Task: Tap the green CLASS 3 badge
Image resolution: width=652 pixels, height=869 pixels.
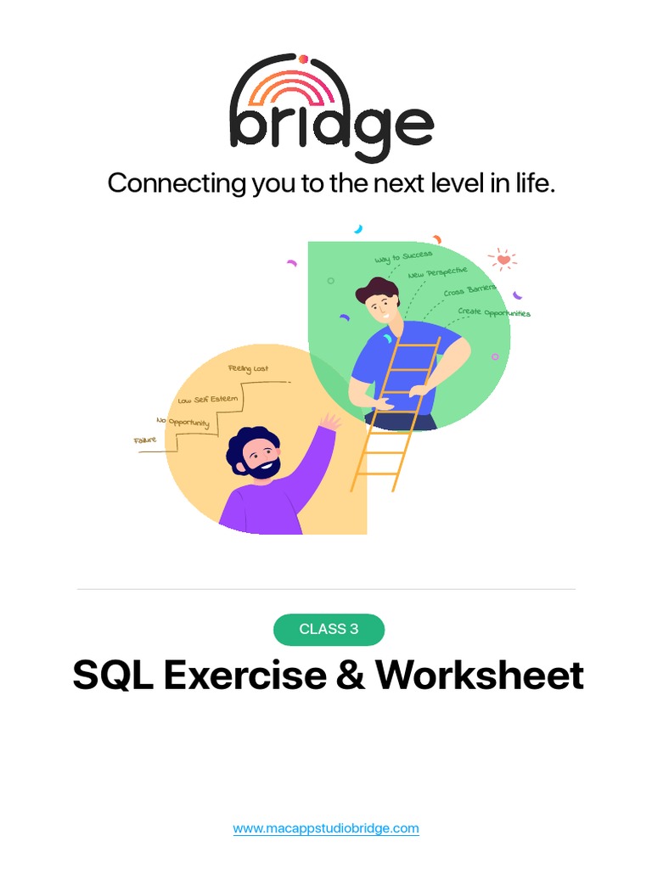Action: pos(329,629)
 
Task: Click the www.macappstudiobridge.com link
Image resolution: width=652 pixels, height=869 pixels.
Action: pos(326,828)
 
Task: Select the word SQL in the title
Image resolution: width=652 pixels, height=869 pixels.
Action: pos(113,676)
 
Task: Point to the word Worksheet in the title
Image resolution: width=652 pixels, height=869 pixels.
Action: pos(481,676)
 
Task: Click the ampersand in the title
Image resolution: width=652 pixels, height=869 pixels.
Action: pos(350,676)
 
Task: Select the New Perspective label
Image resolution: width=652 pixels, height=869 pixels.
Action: pos(437,273)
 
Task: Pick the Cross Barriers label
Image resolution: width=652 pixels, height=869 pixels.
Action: pos(469,291)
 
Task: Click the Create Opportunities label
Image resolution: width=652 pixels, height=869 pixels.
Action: pos(493,312)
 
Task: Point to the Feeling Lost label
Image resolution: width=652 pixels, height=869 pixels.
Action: pos(248,369)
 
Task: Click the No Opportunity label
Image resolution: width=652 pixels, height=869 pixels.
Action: pos(183,422)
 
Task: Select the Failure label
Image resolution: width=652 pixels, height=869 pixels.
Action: pos(145,440)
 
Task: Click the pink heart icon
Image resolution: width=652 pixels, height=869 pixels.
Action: pos(503,259)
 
